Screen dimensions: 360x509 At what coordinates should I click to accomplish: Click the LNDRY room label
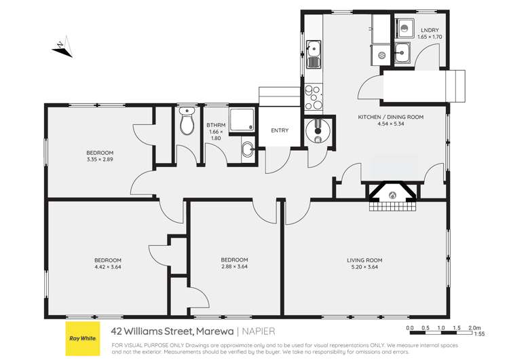coord(429,30)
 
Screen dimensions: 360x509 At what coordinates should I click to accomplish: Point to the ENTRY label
coord(280,130)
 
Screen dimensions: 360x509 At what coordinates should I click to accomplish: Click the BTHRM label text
coord(216,125)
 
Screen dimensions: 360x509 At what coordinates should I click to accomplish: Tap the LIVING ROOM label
coord(365,259)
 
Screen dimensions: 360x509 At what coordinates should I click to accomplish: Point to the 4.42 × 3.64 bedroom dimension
coord(108,267)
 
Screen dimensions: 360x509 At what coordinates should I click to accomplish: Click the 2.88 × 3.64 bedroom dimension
coord(235,267)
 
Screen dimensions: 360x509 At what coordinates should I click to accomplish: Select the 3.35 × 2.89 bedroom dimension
coord(100,159)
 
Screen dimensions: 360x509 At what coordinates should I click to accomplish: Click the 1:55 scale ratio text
coord(479,334)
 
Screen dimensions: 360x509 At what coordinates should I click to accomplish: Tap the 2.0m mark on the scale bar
coord(475,327)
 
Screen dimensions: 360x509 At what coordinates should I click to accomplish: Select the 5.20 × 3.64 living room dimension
coord(365,267)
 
